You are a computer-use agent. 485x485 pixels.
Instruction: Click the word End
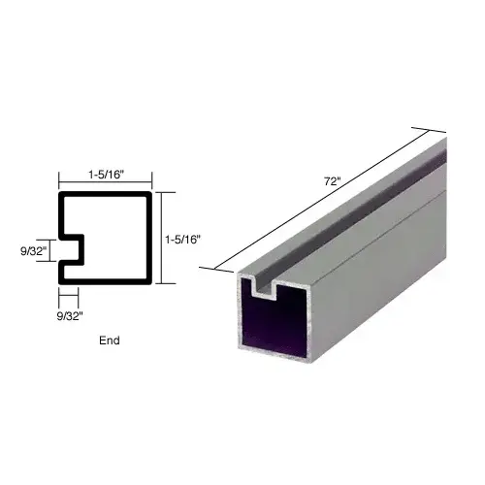110,341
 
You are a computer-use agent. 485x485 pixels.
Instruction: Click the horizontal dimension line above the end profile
105,183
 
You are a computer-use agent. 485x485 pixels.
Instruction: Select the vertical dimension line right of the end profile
161,238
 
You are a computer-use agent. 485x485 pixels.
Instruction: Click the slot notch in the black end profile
73,250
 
